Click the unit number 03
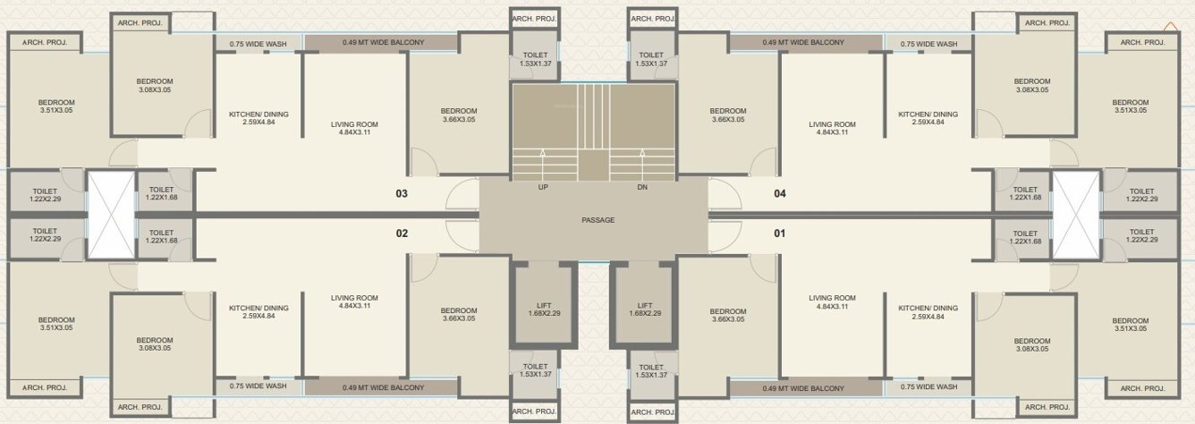(x=402, y=193)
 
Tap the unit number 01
(x=779, y=233)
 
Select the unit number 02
(x=402, y=233)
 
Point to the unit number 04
(x=779, y=193)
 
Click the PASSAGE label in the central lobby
(x=597, y=220)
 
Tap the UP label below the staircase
(x=543, y=188)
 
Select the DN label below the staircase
(x=641, y=188)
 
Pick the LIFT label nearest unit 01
(x=644, y=310)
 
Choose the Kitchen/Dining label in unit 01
(x=928, y=311)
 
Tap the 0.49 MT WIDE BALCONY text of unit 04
(x=802, y=42)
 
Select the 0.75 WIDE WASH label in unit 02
(x=258, y=386)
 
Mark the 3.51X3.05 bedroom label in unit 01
(x=1130, y=325)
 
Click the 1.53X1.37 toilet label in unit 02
(x=535, y=371)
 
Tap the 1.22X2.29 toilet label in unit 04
(x=1141, y=195)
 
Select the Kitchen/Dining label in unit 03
(x=258, y=119)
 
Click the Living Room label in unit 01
(x=832, y=302)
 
